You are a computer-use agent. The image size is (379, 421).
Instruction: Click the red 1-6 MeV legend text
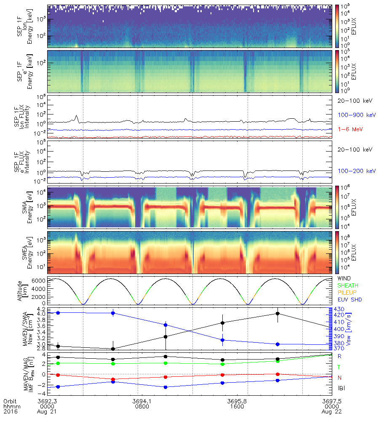pyautogui.click(x=348, y=129)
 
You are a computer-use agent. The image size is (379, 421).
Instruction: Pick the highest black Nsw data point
pyautogui.click(x=277, y=313)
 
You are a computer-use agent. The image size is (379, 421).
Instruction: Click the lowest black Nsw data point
pyautogui.click(x=113, y=349)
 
